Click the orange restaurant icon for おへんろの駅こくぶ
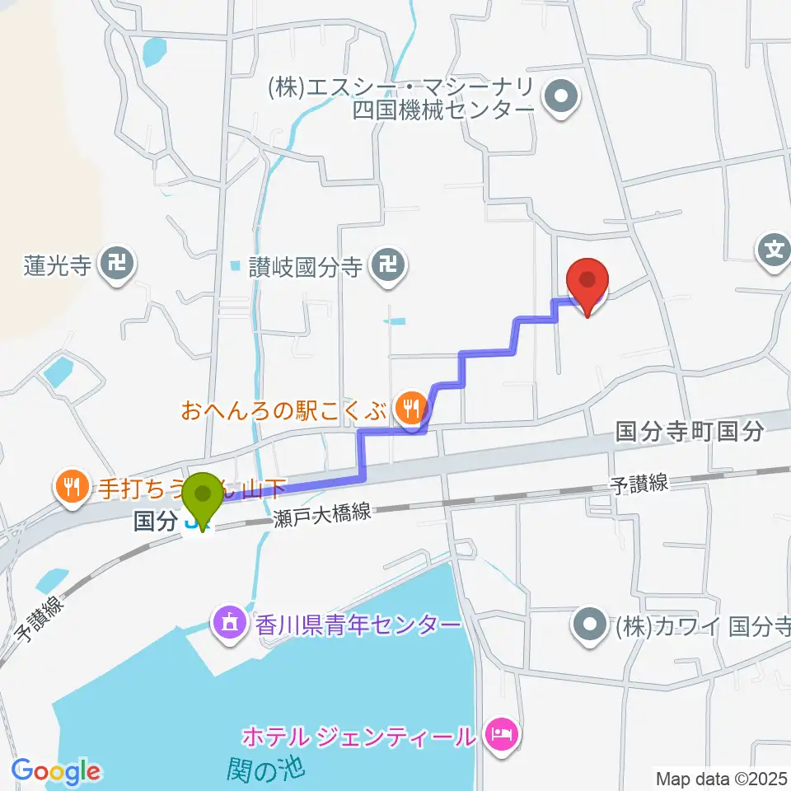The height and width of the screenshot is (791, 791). tap(409, 406)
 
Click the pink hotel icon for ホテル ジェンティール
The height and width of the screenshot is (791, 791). tap(502, 732)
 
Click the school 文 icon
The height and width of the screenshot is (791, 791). tap(775, 246)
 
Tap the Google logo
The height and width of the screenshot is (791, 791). tap(55, 772)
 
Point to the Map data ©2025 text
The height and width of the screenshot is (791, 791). tap(722, 777)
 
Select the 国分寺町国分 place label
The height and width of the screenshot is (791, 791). tap(690, 432)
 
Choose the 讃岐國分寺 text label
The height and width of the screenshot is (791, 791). tap(306, 265)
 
